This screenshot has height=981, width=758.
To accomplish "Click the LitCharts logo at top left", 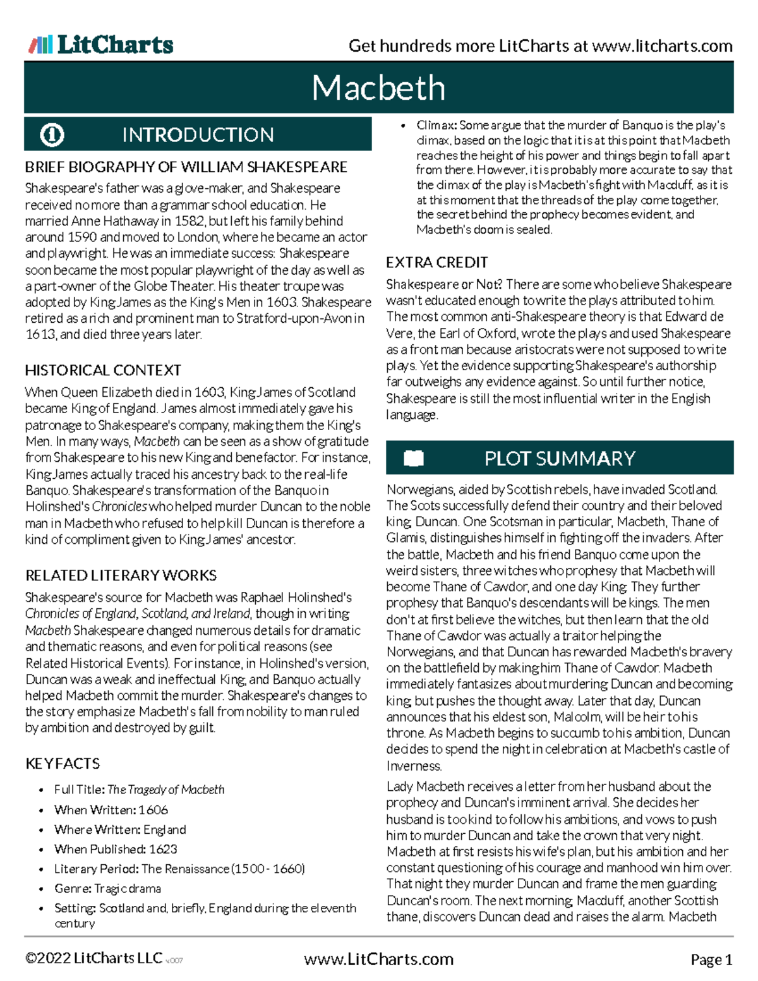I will [x=101, y=44].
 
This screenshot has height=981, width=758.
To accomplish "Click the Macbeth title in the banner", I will [x=378, y=88].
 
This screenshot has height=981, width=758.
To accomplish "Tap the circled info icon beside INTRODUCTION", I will [x=52, y=135].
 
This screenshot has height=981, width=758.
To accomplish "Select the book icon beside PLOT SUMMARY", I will [x=414, y=458].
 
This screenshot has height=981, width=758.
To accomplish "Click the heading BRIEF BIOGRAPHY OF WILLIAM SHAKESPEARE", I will [x=186, y=167].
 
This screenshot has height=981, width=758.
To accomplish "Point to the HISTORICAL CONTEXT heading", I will [x=103, y=370].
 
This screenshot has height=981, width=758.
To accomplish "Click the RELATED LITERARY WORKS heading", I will [x=121, y=575].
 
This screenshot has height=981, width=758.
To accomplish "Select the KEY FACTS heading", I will [x=63, y=764].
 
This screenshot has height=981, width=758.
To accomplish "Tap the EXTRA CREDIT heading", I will [x=437, y=262].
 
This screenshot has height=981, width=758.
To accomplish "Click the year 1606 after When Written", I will [x=153, y=810].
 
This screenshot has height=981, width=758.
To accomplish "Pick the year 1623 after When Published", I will [x=163, y=849].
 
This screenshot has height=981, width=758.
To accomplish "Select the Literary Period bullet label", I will [x=96, y=869].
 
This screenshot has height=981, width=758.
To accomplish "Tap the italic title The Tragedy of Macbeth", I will [x=165, y=790].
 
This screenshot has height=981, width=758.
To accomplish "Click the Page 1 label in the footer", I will [x=711, y=960].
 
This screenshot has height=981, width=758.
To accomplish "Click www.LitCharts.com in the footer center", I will [x=378, y=960].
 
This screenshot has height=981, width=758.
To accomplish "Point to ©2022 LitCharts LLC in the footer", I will [x=93, y=958].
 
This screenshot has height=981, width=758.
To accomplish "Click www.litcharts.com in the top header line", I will [x=662, y=46].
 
